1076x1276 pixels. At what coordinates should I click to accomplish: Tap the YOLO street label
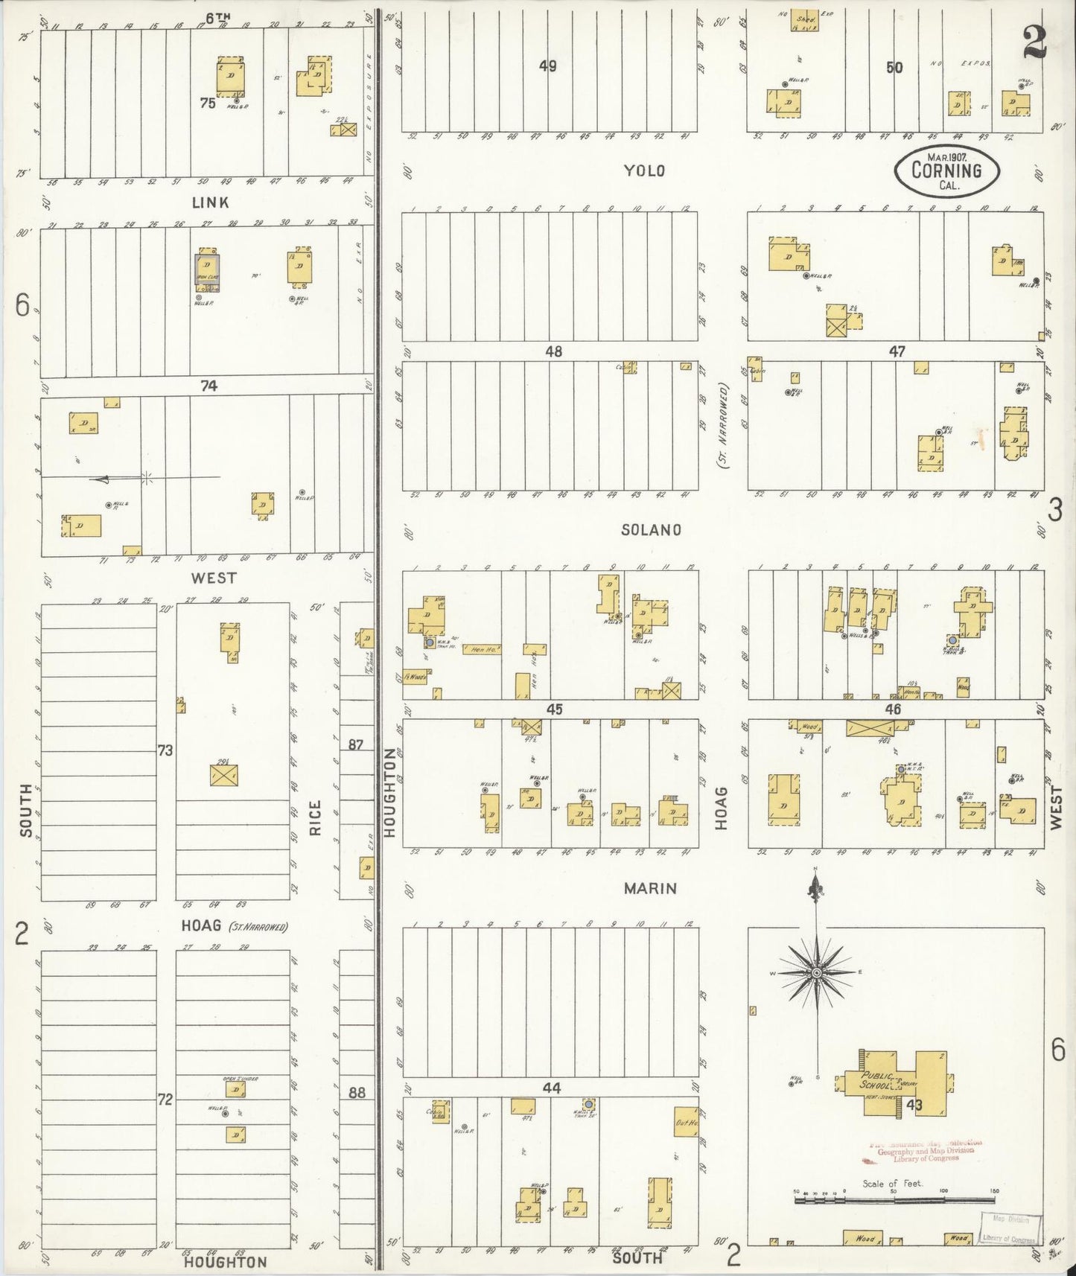pyautogui.click(x=644, y=170)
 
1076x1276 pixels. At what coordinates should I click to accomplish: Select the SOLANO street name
pyautogui.click(x=651, y=529)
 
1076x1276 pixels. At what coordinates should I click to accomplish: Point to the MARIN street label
pyautogui.click(x=650, y=888)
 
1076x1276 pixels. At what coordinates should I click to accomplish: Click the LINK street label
pyautogui.click(x=211, y=202)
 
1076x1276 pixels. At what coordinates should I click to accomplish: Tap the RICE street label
pyautogui.click(x=315, y=817)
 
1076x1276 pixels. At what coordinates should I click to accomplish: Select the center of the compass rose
pyautogui.click(x=817, y=973)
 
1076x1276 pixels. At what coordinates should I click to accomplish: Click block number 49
pyautogui.click(x=548, y=66)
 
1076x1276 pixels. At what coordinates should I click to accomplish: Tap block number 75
pyautogui.click(x=208, y=103)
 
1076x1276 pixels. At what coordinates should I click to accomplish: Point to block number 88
pyautogui.click(x=357, y=1093)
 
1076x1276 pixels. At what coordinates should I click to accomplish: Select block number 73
pyautogui.click(x=165, y=750)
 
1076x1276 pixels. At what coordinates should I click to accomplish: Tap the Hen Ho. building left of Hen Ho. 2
pyautogui.click(x=482, y=650)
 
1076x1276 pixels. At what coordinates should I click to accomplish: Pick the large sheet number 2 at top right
pyautogui.click(x=1034, y=42)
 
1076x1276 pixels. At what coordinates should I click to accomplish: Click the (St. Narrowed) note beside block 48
pyautogui.click(x=723, y=425)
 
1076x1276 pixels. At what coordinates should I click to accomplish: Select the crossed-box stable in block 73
pyautogui.click(x=223, y=775)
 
